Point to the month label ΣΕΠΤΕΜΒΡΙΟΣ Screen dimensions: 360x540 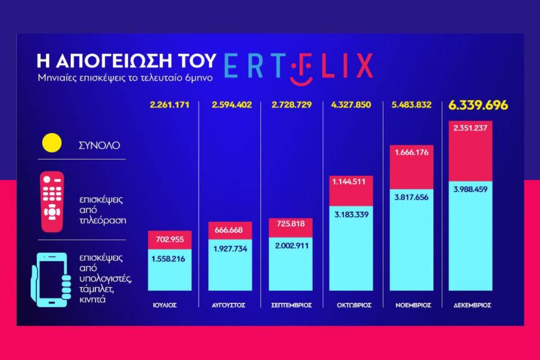coord(292,305)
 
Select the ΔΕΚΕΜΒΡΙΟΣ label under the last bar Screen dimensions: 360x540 coord(472,305)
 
